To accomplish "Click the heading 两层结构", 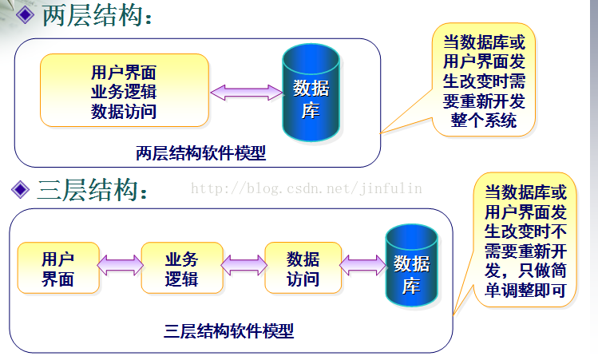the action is point(93,15).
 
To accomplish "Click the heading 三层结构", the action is point(87,189).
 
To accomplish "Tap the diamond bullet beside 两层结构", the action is point(26,15).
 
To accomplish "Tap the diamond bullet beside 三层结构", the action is point(20,189).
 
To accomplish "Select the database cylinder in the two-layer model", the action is point(311,93).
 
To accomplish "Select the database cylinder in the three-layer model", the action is point(411,266).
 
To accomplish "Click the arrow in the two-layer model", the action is point(247,93).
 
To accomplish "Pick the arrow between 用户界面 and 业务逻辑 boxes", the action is point(120,265).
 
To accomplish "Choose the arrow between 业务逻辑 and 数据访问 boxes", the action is point(244,265).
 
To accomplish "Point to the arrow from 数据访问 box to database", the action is point(362,265).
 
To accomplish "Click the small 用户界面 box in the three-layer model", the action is point(58,267).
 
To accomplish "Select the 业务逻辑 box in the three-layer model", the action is point(182,267).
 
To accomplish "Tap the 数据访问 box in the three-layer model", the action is point(303,267).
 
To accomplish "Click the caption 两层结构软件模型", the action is point(200,153).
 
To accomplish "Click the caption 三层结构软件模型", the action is point(229,331).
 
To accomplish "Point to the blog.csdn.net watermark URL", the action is point(307,188).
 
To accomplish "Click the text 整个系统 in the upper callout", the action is point(484,121).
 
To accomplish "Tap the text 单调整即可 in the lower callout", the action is point(525,291).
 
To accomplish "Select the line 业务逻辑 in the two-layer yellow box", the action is point(124,92).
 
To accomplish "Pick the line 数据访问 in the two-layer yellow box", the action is point(124,112).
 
